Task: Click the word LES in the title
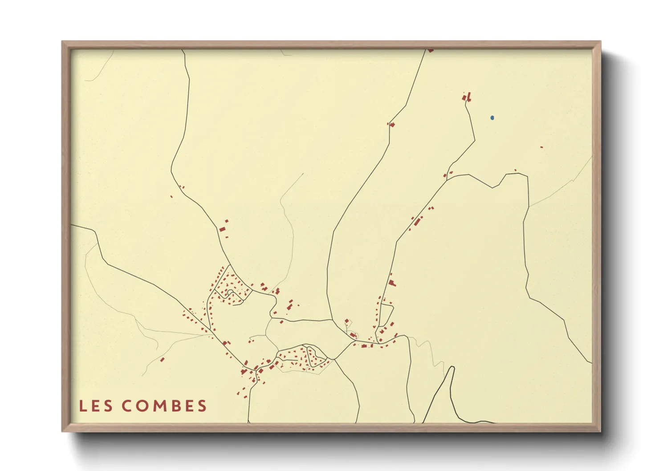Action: point(97,406)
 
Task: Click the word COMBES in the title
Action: point(164,406)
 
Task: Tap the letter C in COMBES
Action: point(127,406)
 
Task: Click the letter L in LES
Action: point(83,406)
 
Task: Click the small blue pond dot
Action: point(492,118)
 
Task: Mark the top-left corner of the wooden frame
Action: point(62,42)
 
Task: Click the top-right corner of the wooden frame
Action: point(600,42)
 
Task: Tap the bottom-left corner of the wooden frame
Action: point(62,431)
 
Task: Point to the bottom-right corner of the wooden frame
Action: point(600,431)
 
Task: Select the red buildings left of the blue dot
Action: point(467,97)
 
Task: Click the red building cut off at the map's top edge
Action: point(430,51)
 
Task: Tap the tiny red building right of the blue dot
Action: point(541,147)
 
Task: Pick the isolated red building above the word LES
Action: point(163,359)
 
